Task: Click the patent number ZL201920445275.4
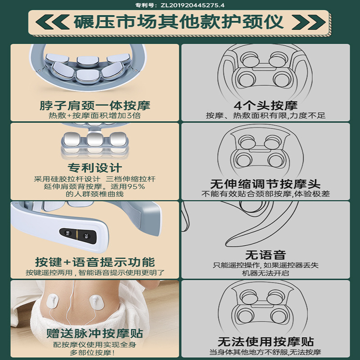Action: point(180,5)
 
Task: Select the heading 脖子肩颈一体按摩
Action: point(93,106)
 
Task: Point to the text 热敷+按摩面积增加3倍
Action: point(93,116)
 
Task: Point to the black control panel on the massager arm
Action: point(77,234)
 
